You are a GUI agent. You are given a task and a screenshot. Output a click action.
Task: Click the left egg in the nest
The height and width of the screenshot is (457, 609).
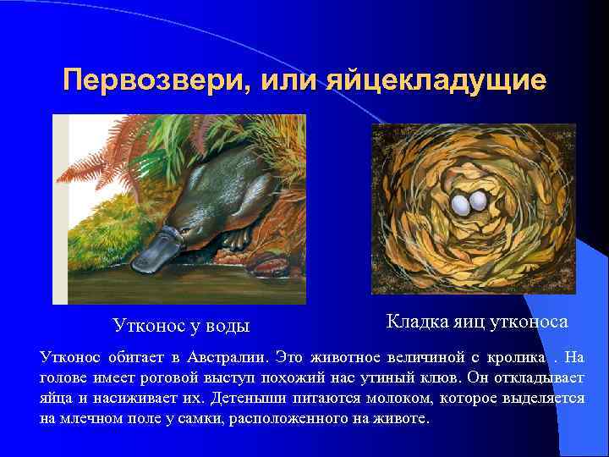[462, 203]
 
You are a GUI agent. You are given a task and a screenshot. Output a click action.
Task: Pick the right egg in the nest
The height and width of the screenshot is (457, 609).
[479, 201]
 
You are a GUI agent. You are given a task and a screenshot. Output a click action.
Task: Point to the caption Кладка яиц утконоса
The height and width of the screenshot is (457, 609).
[477, 322]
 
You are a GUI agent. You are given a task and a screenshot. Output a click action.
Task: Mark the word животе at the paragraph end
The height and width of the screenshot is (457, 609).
[402, 419]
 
